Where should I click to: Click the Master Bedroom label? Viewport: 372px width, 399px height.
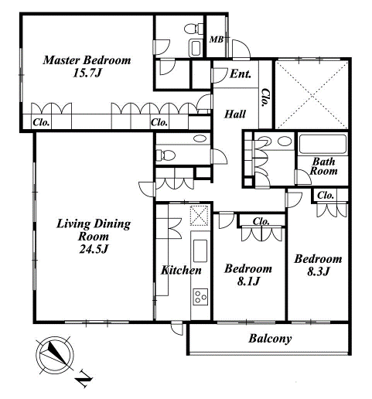pyautogui.click(x=87, y=60)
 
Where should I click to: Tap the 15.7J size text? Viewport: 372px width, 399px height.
pyautogui.click(x=87, y=73)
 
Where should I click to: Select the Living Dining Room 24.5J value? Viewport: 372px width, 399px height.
pyautogui.click(x=94, y=249)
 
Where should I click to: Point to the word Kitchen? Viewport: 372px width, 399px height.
pyautogui.click(x=181, y=270)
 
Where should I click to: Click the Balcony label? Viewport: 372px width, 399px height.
pyautogui.click(x=270, y=338)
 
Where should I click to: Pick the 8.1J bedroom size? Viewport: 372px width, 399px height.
pyautogui.click(x=248, y=281)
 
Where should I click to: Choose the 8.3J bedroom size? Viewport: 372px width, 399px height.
pyautogui.click(x=319, y=271)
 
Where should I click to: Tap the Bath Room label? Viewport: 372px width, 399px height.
pyautogui.click(x=324, y=166)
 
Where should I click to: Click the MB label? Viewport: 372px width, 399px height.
pyautogui.click(x=216, y=39)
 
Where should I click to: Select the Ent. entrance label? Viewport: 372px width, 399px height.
pyautogui.click(x=241, y=74)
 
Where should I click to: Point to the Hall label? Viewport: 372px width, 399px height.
pyautogui.click(x=235, y=114)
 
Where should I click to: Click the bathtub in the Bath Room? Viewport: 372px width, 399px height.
pyautogui.click(x=323, y=144)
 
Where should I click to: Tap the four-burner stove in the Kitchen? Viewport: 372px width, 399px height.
pyautogui.click(x=200, y=297)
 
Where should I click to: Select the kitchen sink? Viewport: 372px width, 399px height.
pyautogui.click(x=200, y=251)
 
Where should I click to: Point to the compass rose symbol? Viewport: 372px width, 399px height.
pyautogui.click(x=55, y=356)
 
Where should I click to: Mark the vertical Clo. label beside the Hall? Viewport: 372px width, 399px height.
pyautogui.click(x=265, y=98)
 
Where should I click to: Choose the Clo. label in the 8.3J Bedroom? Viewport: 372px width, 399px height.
pyautogui.click(x=326, y=196)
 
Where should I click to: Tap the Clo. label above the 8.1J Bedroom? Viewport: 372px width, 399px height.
pyautogui.click(x=261, y=221)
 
